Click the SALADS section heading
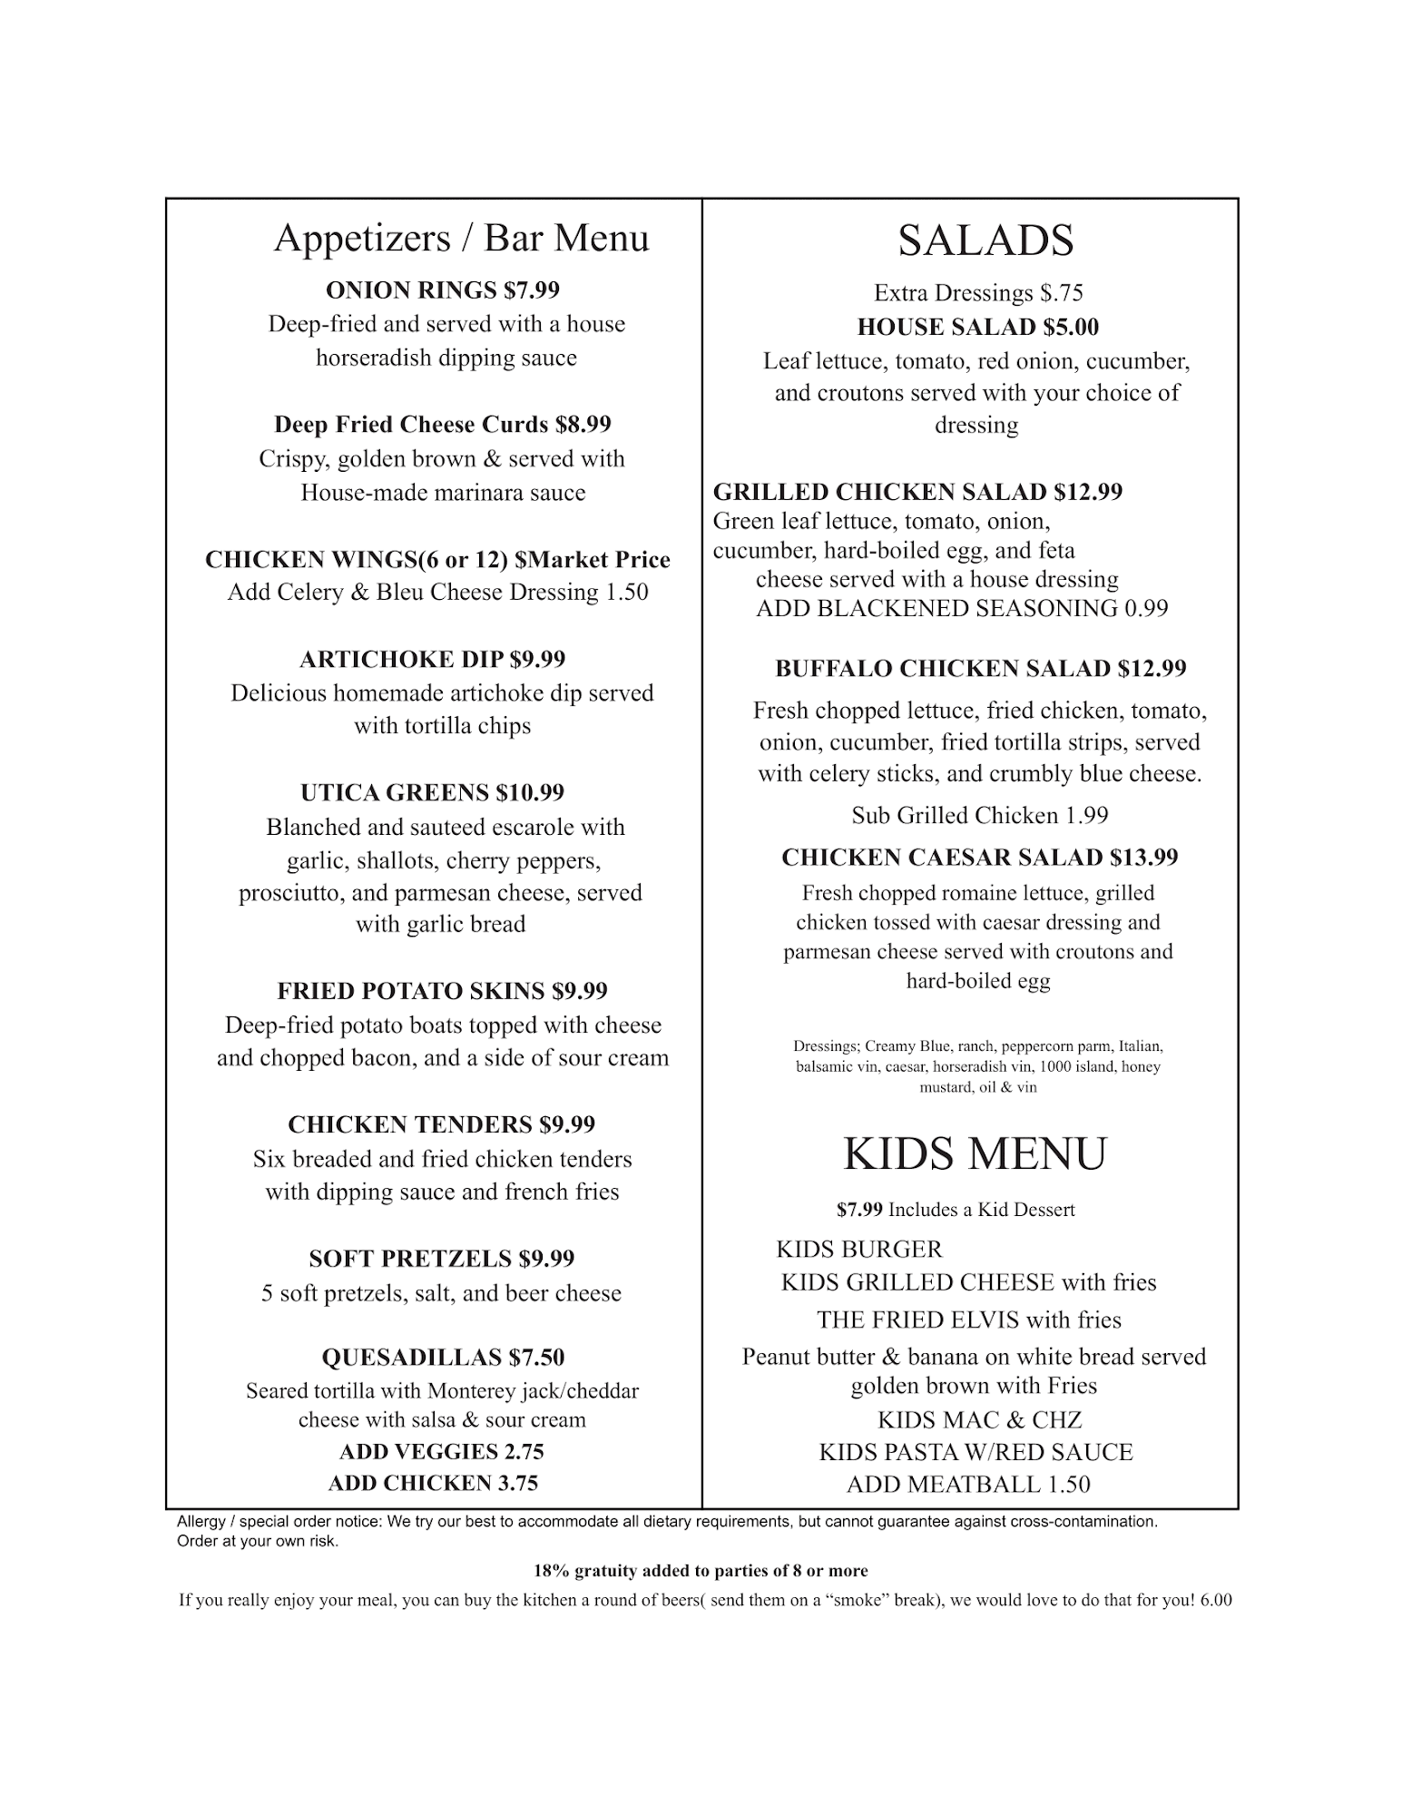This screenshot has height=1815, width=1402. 985,240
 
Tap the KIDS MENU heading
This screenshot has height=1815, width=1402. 975,1154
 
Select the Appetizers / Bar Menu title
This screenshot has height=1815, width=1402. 461,238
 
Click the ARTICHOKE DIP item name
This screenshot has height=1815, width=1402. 401,660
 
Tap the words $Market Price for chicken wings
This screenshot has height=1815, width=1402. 592,560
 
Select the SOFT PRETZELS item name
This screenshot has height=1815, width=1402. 410,1259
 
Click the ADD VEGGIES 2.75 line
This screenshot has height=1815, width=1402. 441,1452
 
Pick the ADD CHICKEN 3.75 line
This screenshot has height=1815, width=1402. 433,1483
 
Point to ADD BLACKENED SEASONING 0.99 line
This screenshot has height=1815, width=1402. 962,609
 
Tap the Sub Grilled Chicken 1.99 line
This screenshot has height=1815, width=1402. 979,816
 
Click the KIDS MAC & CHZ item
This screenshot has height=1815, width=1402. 979,1420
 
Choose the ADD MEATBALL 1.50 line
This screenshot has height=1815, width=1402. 968,1485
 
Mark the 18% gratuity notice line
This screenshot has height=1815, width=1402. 701,1571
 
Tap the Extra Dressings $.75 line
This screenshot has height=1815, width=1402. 978,293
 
